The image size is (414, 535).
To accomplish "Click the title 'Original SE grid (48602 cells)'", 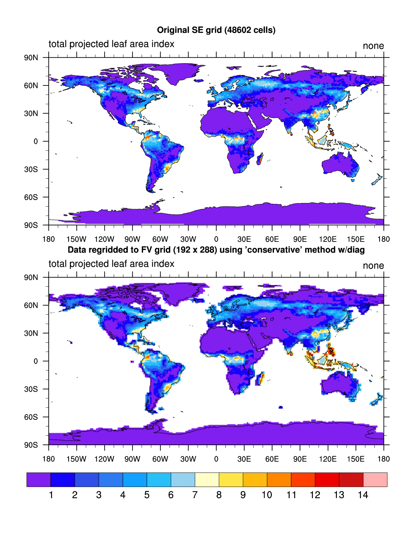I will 216,30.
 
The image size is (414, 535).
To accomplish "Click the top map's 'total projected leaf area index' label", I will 111,44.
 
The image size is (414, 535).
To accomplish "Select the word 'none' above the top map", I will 373,46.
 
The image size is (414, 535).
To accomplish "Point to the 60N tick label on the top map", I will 31,85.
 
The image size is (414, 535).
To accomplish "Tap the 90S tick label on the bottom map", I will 31,445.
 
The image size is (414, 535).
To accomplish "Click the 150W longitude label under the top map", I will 76,239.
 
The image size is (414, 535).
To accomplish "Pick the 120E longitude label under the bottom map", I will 327,459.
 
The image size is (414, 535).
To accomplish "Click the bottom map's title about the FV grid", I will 216,250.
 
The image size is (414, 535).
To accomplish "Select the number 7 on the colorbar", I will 195,495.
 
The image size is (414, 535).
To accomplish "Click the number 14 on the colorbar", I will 363,495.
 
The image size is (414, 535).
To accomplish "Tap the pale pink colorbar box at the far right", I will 375,480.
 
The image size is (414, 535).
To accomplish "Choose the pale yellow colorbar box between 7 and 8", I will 207,480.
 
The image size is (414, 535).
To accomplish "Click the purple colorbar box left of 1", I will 39,480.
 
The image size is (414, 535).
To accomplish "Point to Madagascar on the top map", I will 260,159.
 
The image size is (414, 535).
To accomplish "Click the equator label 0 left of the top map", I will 36,141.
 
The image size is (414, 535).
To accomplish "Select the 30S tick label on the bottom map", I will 31,389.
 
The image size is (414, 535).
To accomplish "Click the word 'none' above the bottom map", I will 373,265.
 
